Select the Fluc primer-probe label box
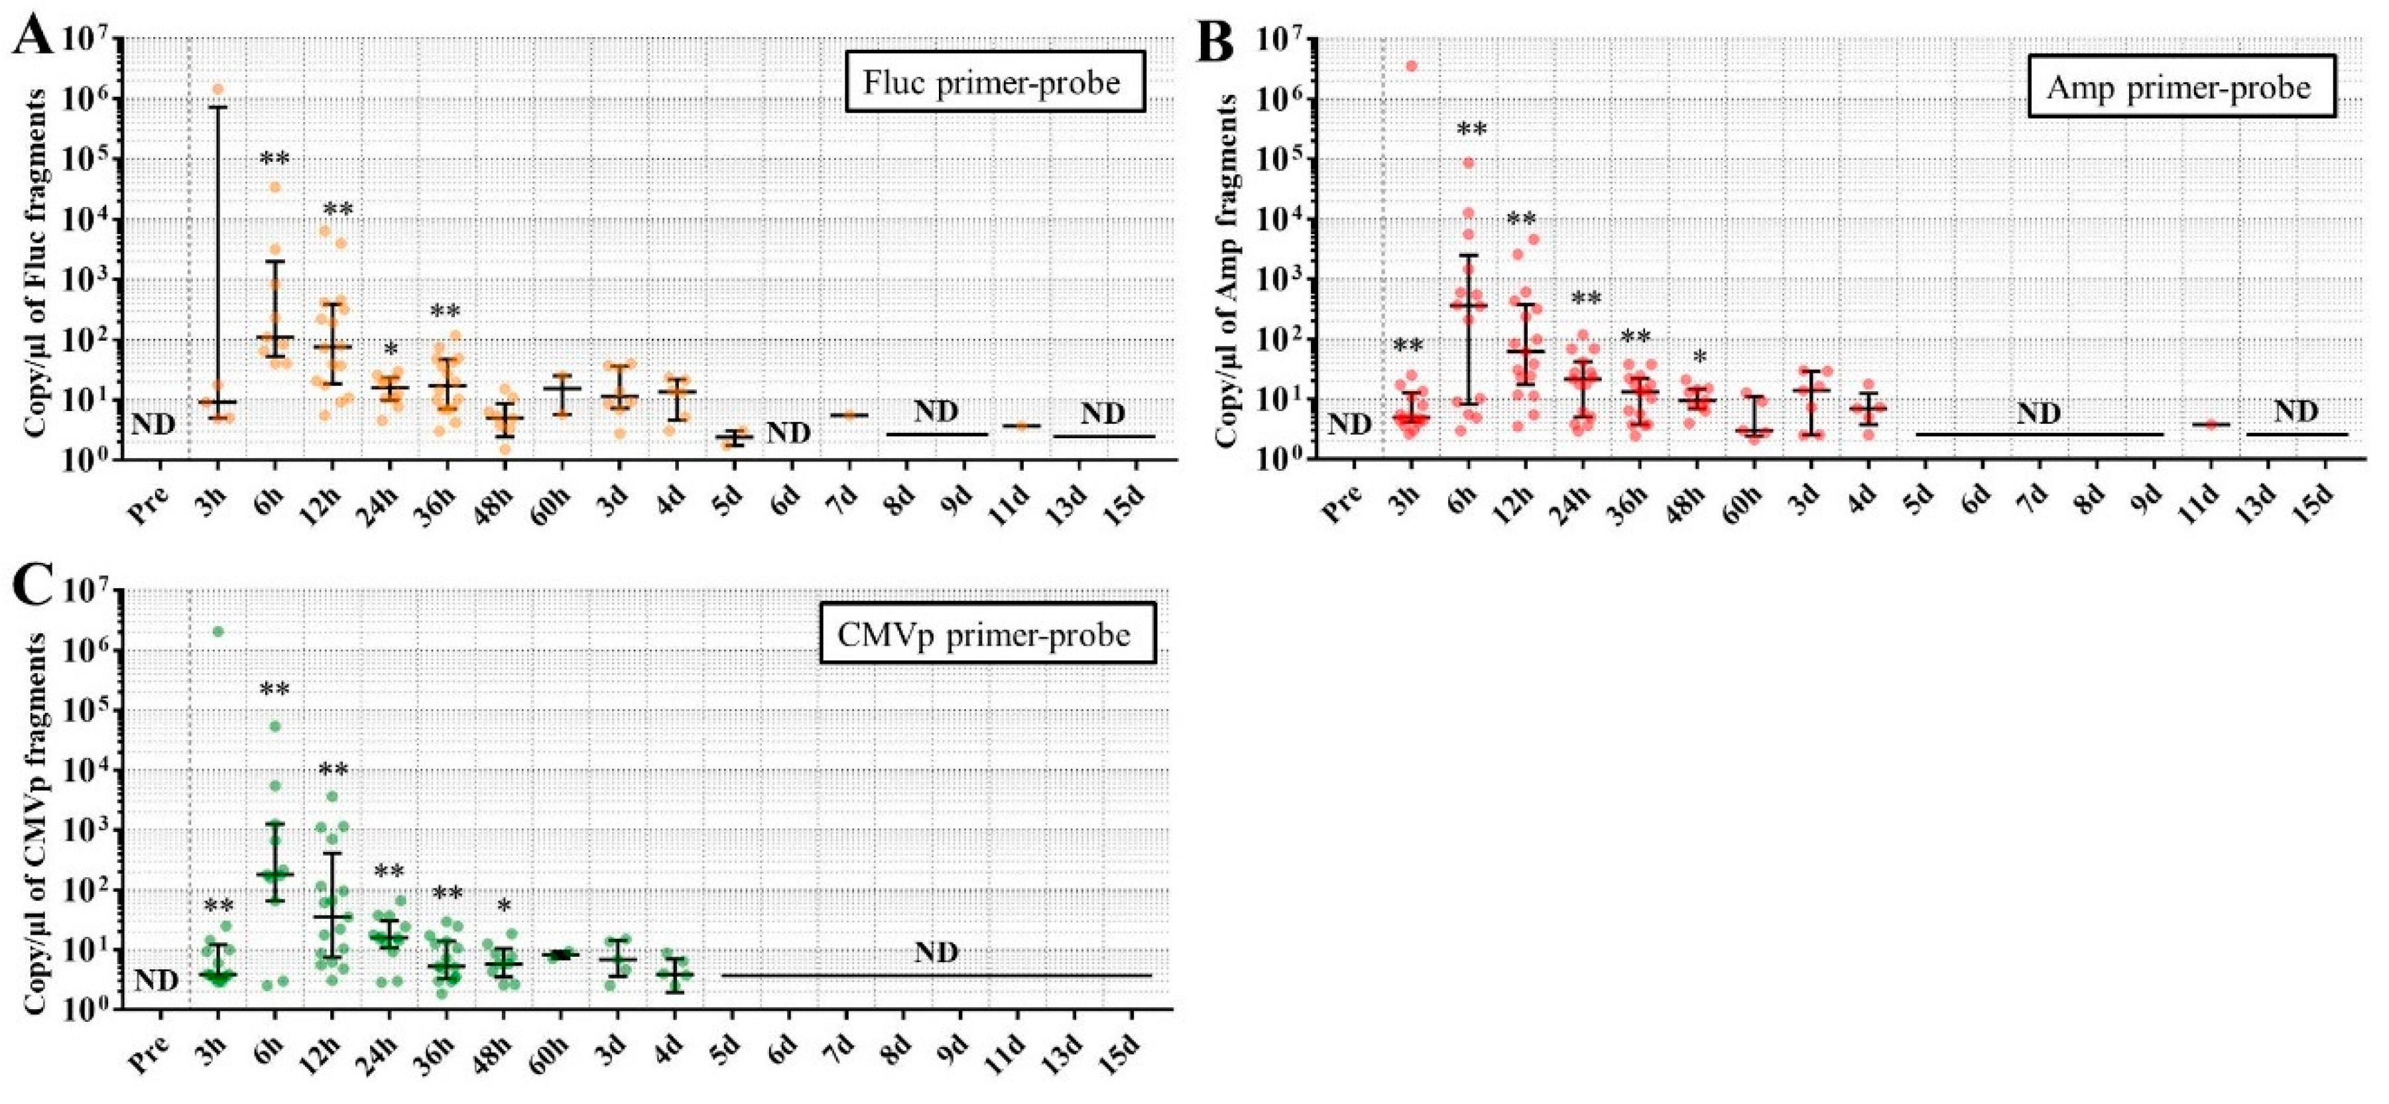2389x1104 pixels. coord(993,83)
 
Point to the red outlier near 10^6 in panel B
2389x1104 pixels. coord(1412,66)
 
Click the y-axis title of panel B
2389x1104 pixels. coord(1226,272)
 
